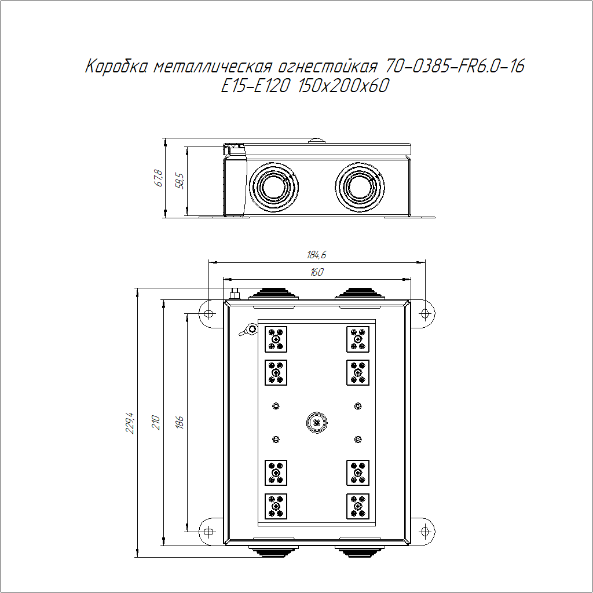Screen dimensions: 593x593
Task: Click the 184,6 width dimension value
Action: pos(317,255)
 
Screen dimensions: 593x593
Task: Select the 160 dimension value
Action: pos(317,272)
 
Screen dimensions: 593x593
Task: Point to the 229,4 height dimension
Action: pos(130,423)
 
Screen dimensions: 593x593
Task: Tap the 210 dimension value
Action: pos(156,422)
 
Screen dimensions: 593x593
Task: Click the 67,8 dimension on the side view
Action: pos(159,178)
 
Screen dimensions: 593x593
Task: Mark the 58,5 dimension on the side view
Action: pos(180,181)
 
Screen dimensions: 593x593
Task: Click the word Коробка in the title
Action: pos(116,67)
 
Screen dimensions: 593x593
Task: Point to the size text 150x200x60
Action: pos(343,86)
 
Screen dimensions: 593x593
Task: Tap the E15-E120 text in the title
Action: pos(255,86)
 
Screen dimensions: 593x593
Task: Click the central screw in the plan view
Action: pos(317,423)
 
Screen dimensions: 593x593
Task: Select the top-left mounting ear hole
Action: pos(208,313)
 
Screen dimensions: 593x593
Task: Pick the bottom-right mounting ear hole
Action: pos(426,532)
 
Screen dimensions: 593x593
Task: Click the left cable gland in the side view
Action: pos(274,187)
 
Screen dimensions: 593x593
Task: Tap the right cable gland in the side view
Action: pos(360,187)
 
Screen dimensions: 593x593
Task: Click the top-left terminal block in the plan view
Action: pos(276,339)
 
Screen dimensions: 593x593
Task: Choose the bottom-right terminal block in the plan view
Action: pos(358,506)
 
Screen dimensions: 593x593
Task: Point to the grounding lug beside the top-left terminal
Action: pos(248,330)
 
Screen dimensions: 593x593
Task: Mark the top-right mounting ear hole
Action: pos(426,313)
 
